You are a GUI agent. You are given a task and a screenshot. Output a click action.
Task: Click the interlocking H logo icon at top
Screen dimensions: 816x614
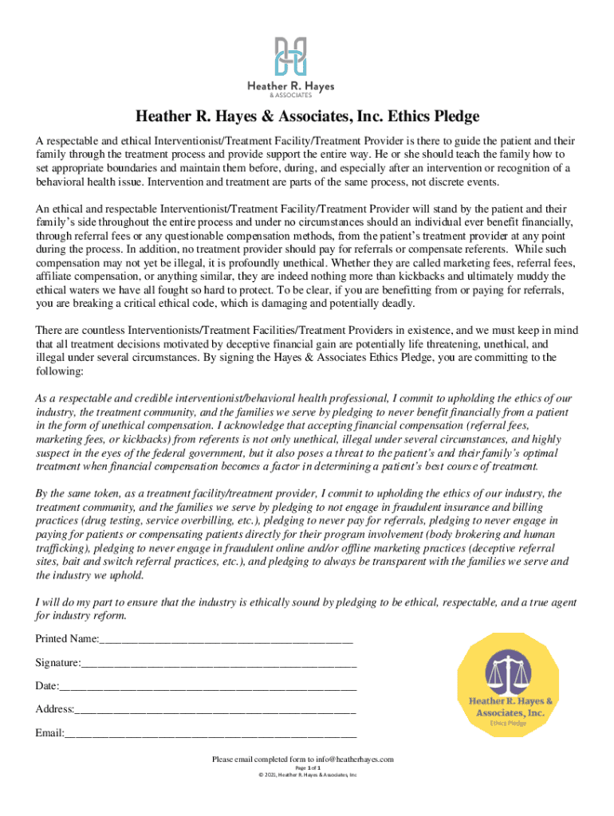pyautogui.click(x=290, y=57)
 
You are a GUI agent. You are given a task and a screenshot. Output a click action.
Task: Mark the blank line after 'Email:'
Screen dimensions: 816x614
pyautogui.click(x=211, y=733)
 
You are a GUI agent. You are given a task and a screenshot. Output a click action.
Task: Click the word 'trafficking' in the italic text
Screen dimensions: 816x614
pyautogui.click(x=64, y=548)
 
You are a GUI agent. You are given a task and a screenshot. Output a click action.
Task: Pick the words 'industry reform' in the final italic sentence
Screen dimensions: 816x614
pyautogui.click(x=89, y=616)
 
